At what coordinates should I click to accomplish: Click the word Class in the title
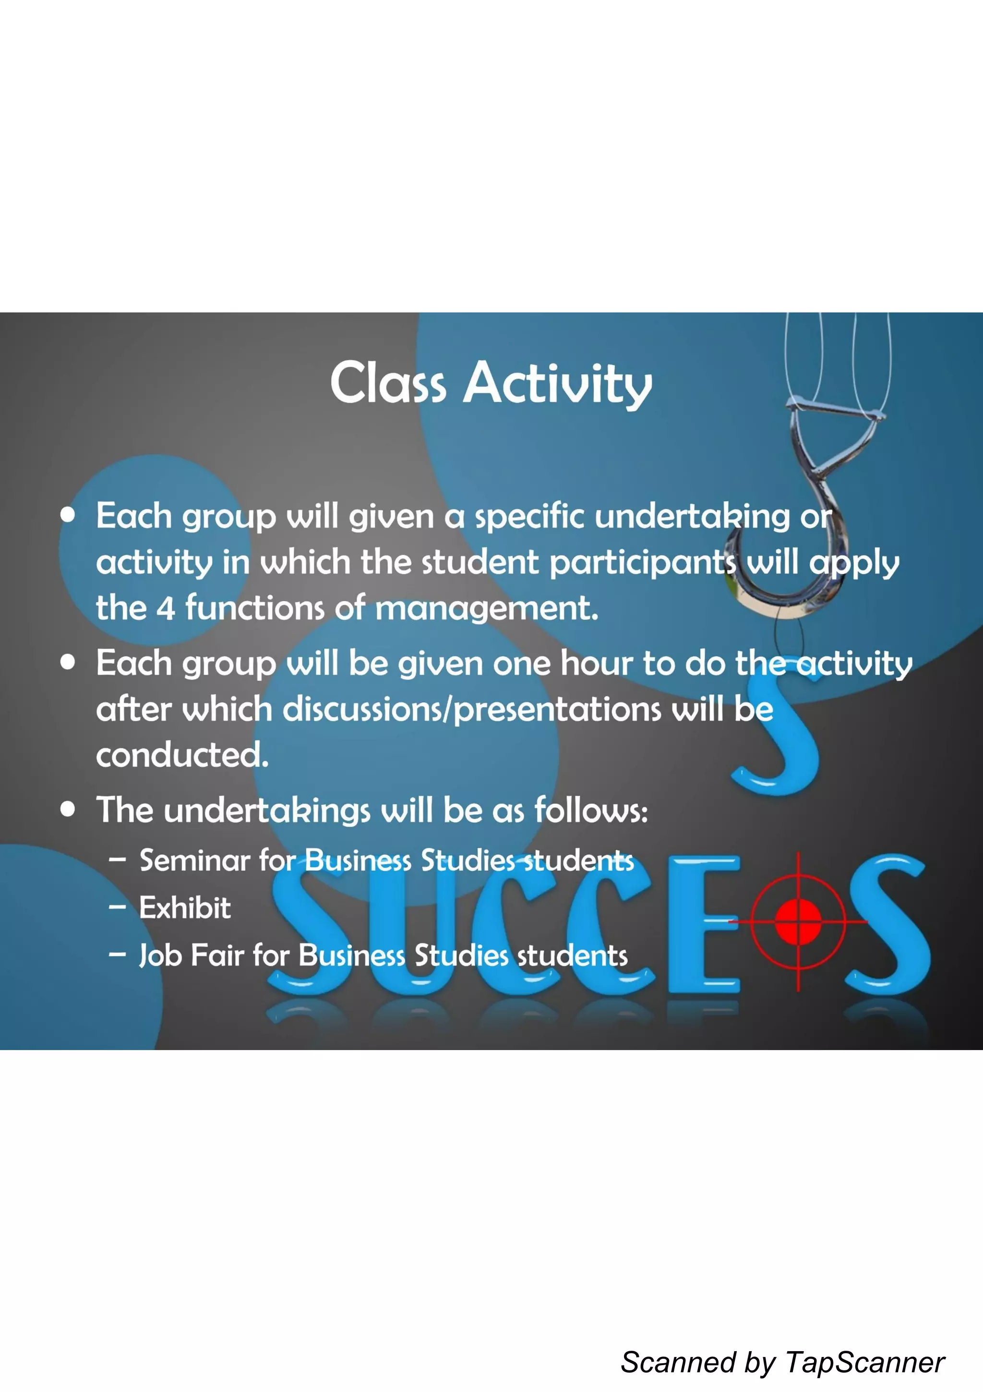click(388, 383)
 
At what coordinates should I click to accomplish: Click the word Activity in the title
click(558, 385)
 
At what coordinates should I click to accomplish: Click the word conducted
click(182, 755)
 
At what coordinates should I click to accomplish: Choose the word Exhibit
click(185, 908)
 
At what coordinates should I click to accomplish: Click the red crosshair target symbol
click(798, 922)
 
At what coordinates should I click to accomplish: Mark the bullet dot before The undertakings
click(68, 810)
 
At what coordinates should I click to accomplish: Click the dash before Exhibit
click(117, 908)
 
